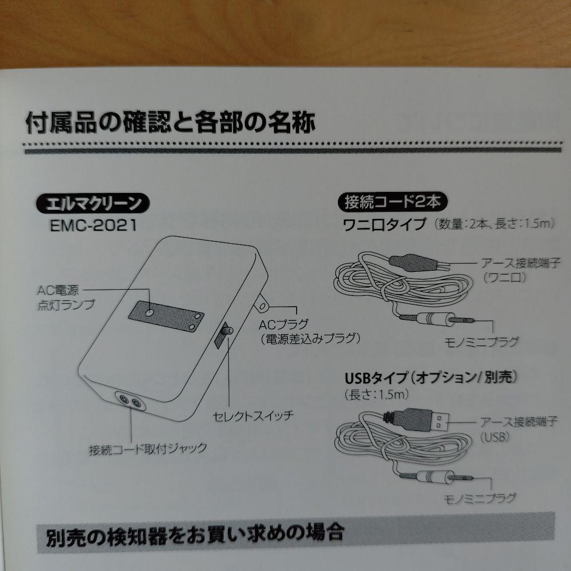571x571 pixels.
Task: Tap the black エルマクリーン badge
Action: point(93,204)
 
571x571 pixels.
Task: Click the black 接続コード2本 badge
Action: point(392,201)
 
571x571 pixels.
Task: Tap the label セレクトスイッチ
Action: point(253,415)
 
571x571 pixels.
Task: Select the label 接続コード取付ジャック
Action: point(148,450)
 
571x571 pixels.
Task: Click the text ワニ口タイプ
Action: point(385,224)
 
